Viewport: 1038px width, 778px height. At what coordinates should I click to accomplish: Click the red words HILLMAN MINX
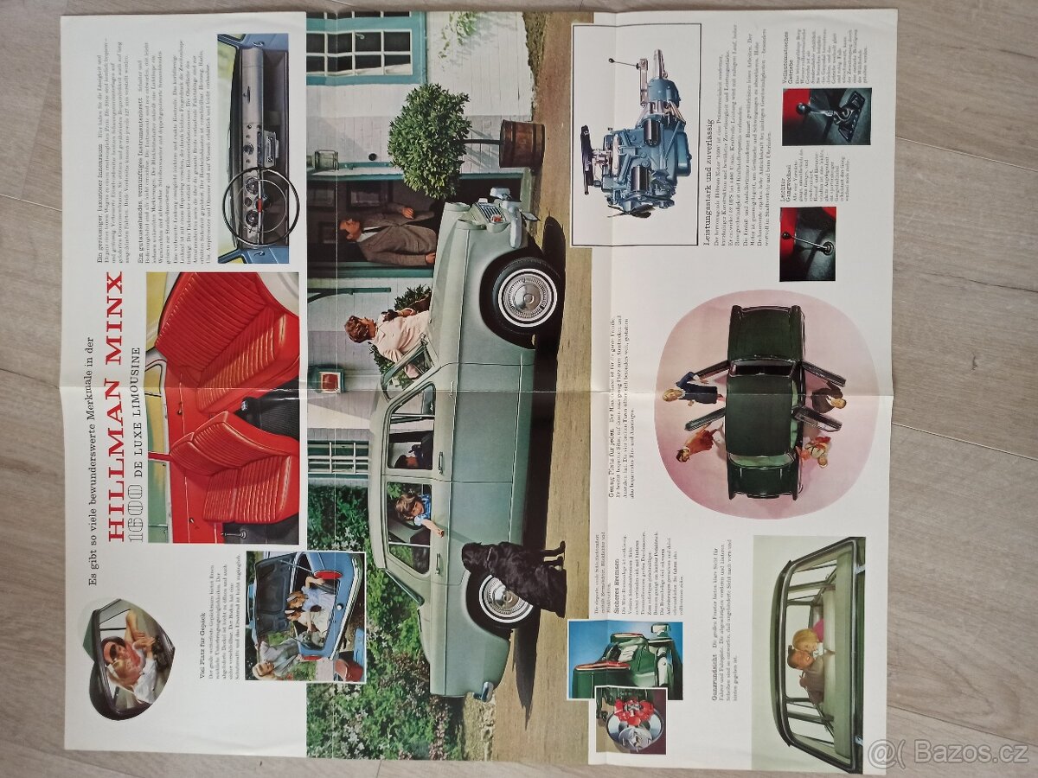coord(115,406)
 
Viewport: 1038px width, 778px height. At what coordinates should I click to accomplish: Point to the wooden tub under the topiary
coord(522,143)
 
